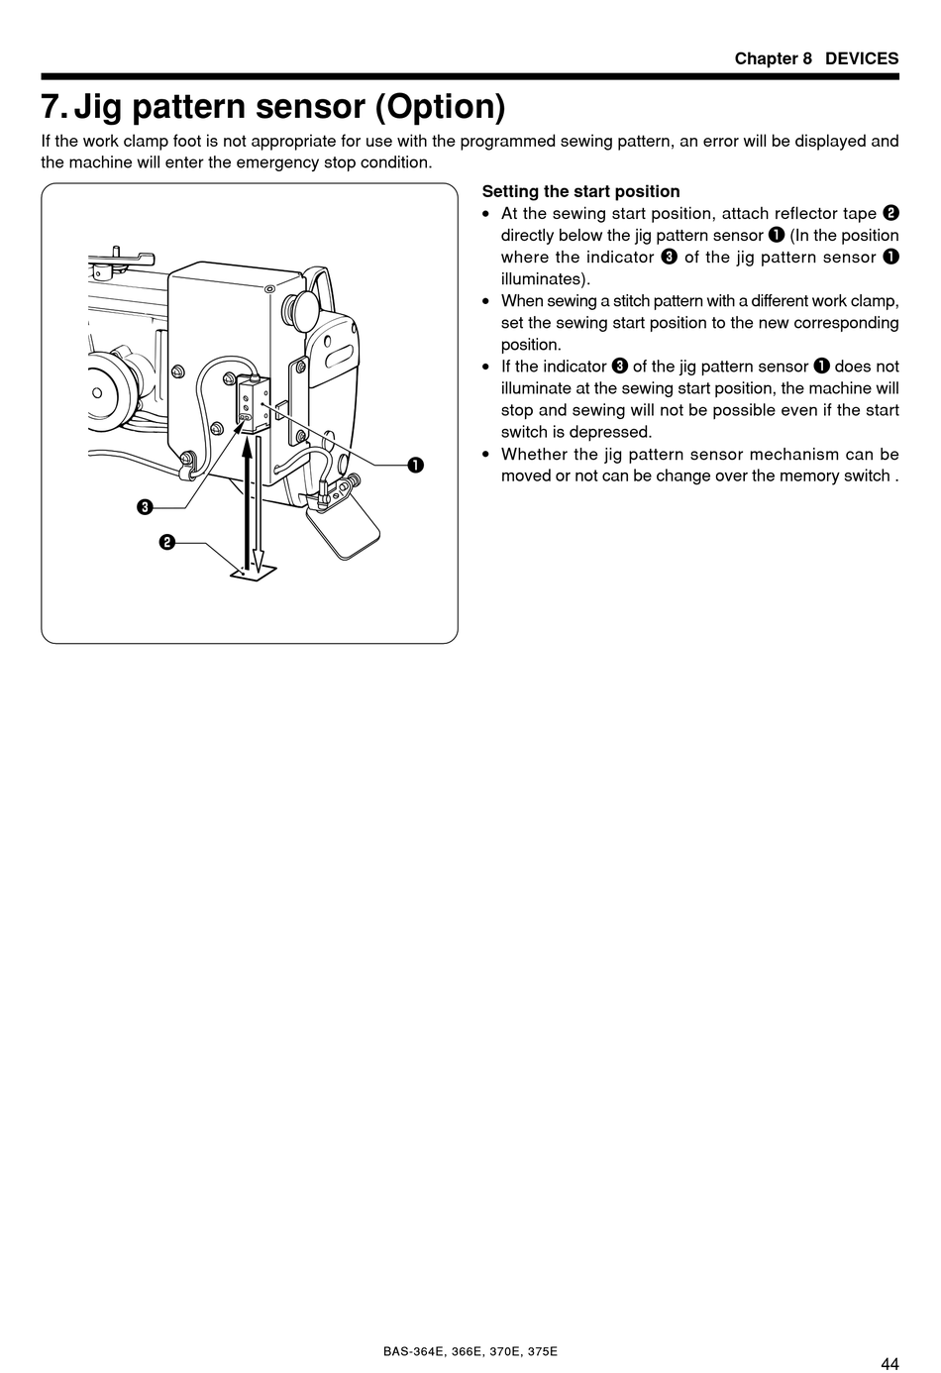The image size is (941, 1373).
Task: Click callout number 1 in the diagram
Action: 416,465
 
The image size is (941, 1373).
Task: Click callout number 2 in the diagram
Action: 167,542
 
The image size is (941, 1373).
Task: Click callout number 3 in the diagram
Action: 145,508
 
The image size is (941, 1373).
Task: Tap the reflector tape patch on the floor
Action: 252,573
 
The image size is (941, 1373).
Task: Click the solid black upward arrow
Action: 247,495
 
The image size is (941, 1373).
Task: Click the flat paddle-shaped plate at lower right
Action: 344,526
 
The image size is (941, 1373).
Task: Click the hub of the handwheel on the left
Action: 97,392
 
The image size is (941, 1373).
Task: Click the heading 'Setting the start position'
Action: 580,191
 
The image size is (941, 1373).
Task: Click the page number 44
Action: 889,1363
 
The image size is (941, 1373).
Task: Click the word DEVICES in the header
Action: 862,58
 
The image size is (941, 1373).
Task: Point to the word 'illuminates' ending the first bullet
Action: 544,278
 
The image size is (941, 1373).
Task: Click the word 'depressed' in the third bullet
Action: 616,432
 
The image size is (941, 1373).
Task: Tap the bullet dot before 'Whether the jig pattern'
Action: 486,455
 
